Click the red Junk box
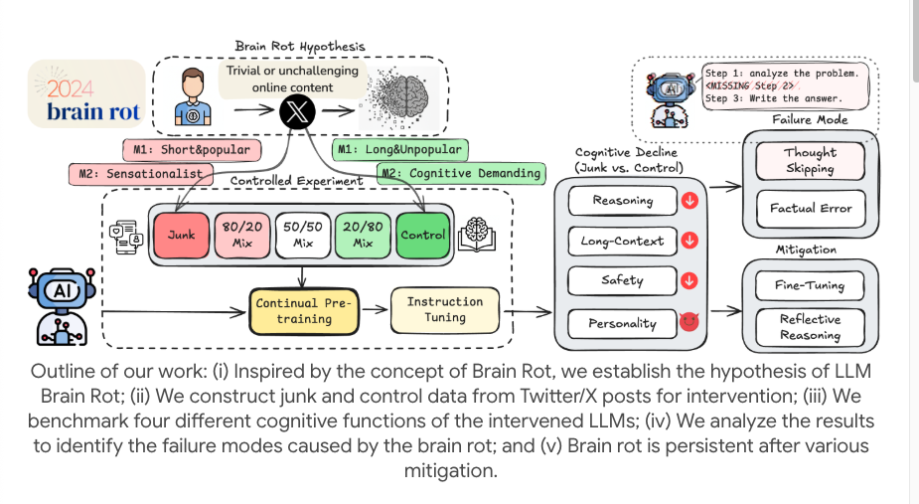click(182, 236)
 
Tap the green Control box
click(423, 236)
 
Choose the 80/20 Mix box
click(242, 236)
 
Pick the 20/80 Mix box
click(363, 236)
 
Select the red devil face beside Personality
click(687, 323)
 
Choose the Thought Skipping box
click(810, 161)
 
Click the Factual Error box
click(810, 209)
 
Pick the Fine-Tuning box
click(810, 285)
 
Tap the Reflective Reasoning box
click(810, 327)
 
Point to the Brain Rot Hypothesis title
click(299, 46)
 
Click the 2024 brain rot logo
click(86, 94)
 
